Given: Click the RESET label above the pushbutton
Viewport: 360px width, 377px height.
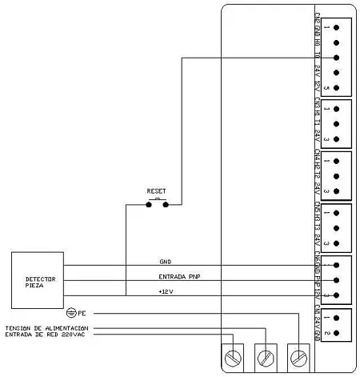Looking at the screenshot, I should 156,192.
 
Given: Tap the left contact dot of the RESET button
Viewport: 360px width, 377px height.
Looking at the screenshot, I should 148,204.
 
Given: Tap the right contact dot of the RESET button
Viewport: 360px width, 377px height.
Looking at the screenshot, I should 166,204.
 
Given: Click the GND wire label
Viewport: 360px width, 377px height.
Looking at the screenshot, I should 166,262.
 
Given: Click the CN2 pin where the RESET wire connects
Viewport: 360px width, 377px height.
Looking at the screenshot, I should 336,58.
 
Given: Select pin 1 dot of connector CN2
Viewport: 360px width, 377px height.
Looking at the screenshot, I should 336,27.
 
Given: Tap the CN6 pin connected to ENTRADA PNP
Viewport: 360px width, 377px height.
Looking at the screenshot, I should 336,279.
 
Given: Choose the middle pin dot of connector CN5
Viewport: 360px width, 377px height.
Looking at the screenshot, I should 336,228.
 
